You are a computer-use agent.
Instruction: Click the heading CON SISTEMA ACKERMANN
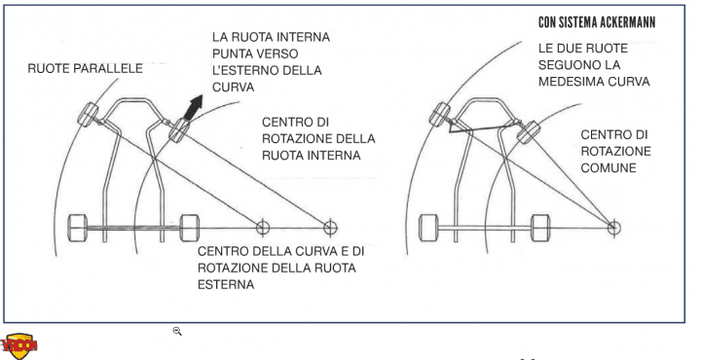[x=597, y=22]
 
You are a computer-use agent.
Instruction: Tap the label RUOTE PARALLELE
[x=85, y=68]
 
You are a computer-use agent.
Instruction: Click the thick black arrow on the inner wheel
[x=193, y=107]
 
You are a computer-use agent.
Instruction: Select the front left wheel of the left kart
[x=88, y=115]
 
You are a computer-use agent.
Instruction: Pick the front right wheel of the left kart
[x=179, y=130]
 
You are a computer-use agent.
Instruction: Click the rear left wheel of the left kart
[x=77, y=229]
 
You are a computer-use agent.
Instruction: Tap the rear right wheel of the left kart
[x=190, y=229]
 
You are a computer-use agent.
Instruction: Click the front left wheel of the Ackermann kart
[x=439, y=115]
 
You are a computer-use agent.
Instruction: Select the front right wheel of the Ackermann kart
[x=529, y=132]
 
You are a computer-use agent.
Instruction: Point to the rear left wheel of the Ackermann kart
[x=428, y=229]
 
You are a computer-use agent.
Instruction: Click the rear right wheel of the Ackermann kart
[x=540, y=229]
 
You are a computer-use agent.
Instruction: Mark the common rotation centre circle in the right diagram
[x=613, y=229]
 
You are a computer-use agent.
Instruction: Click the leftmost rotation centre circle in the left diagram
[x=263, y=229]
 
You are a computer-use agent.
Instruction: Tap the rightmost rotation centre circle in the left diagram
[x=330, y=229]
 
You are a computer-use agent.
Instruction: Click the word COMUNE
[x=608, y=168]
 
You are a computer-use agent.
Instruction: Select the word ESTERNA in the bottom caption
[x=226, y=284]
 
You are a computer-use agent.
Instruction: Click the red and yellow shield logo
[x=19, y=346]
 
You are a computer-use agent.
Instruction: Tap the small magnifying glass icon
[x=177, y=331]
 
